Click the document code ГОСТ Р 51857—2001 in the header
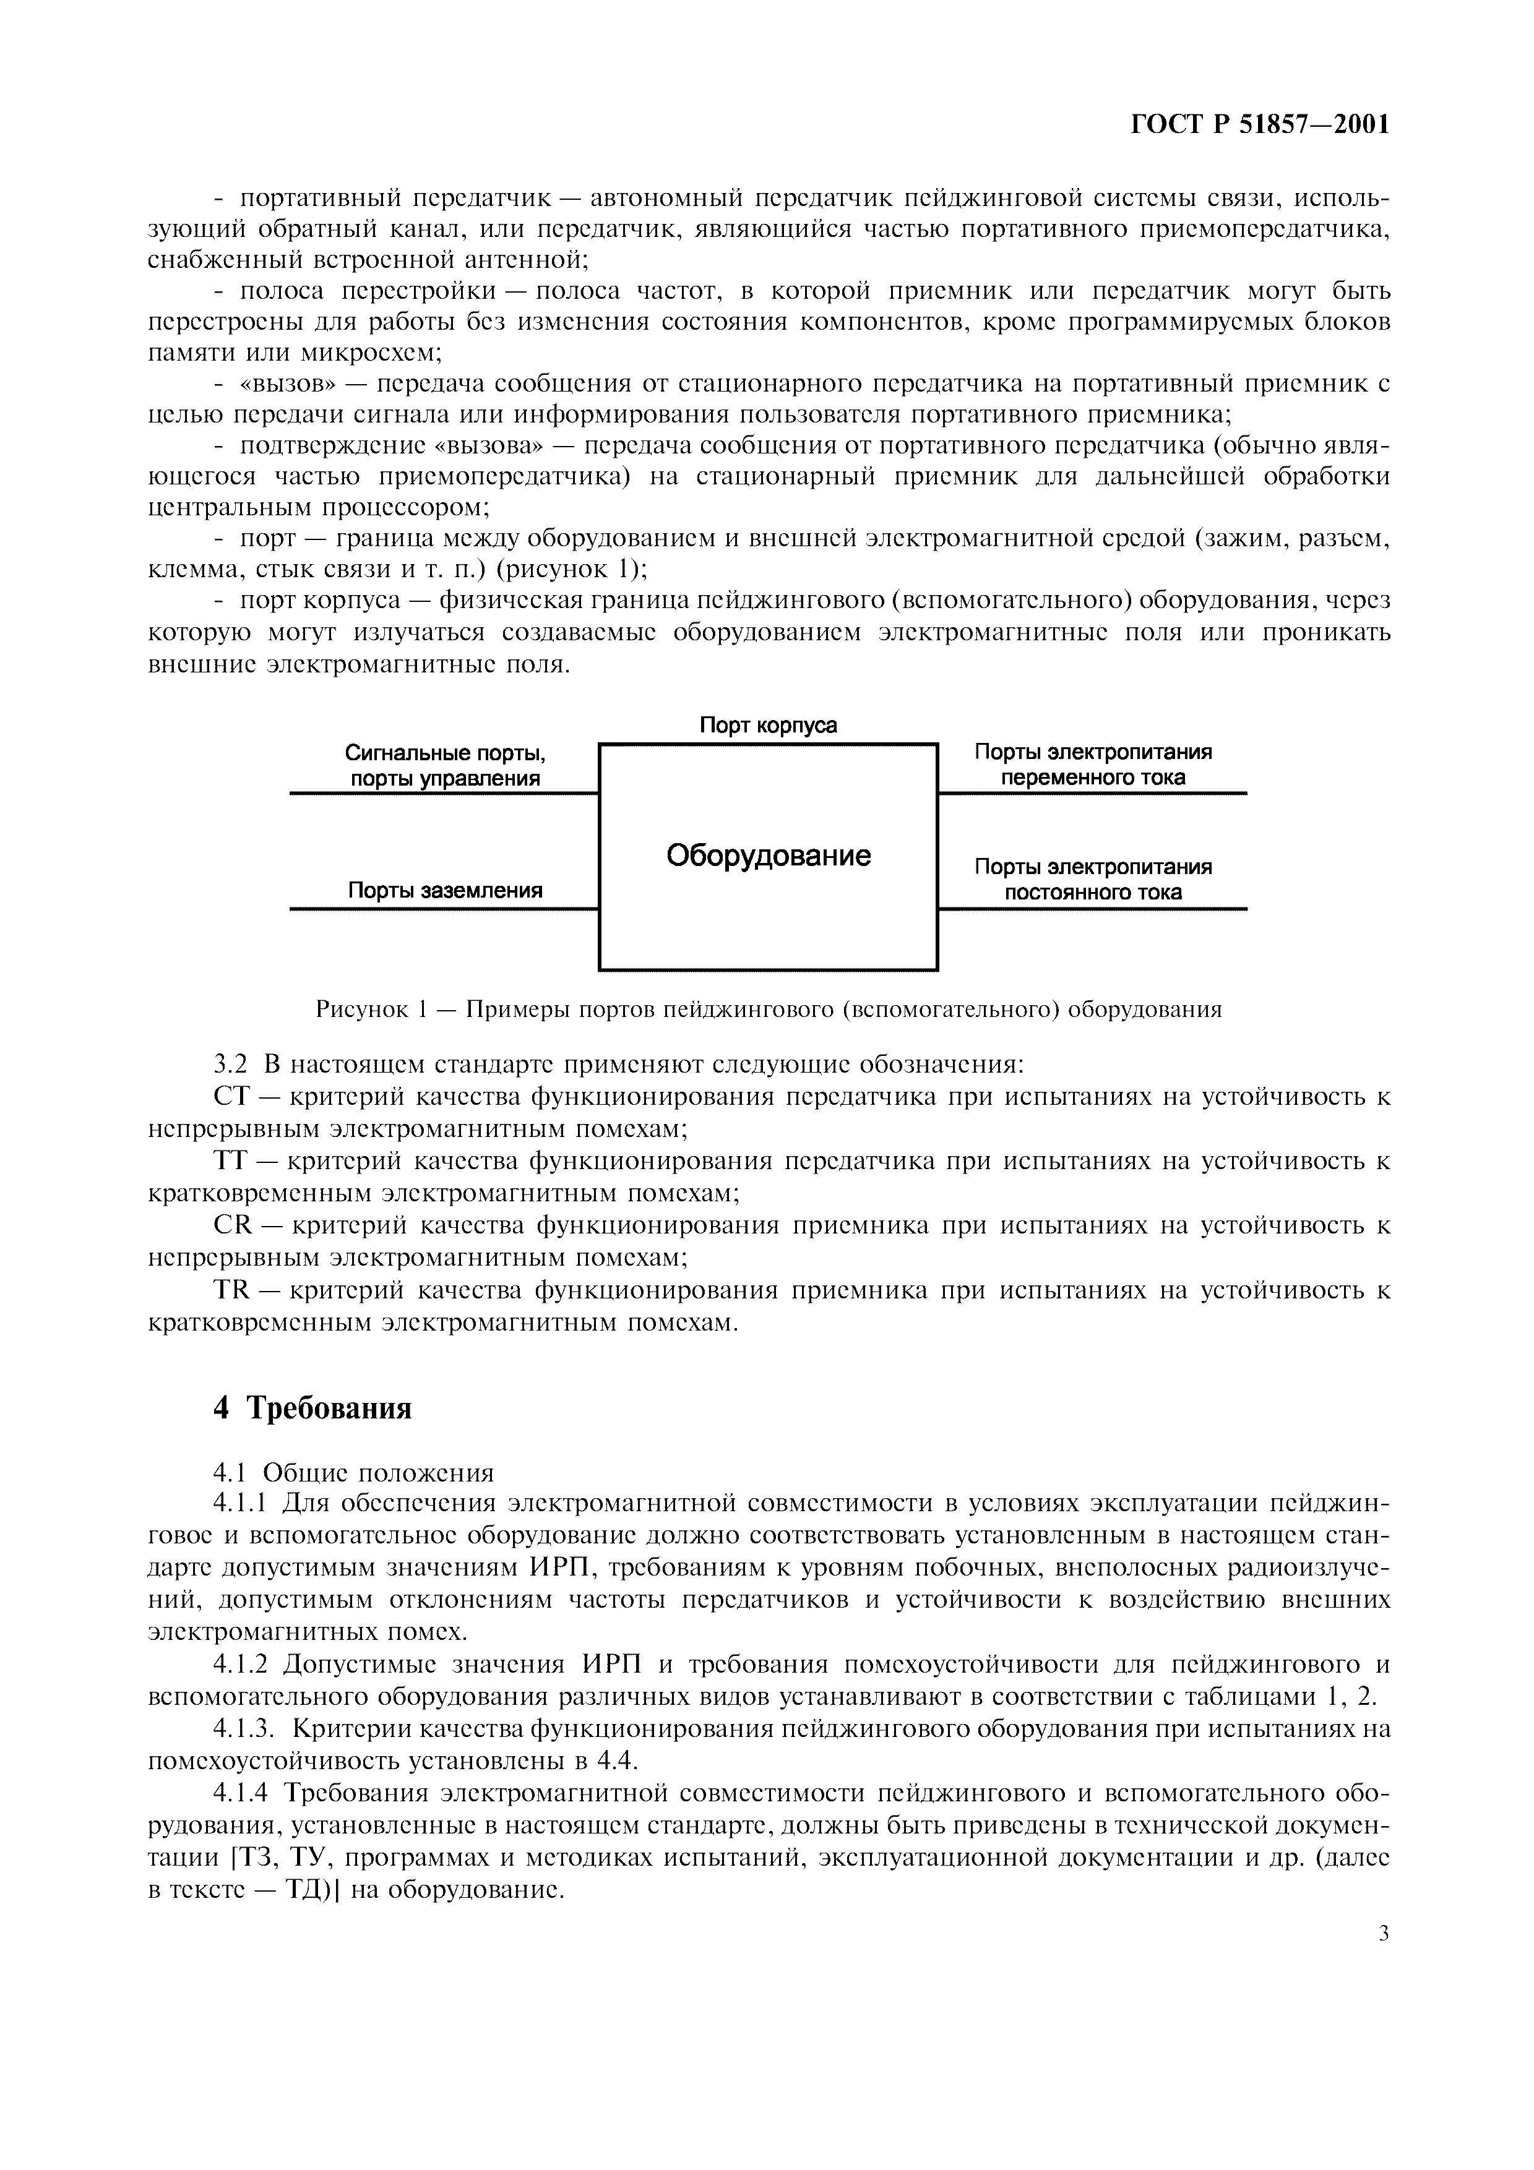[1260, 125]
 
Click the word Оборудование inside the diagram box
[767, 856]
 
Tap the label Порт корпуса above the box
[767, 725]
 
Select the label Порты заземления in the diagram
[445, 890]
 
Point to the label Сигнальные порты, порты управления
[445, 766]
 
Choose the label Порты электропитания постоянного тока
[1093, 879]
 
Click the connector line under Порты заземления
[444, 909]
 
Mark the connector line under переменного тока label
[1093, 793]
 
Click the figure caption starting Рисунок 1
[767, 1010]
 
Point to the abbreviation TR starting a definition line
[231, 1291]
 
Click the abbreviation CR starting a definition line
[231, 1226]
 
